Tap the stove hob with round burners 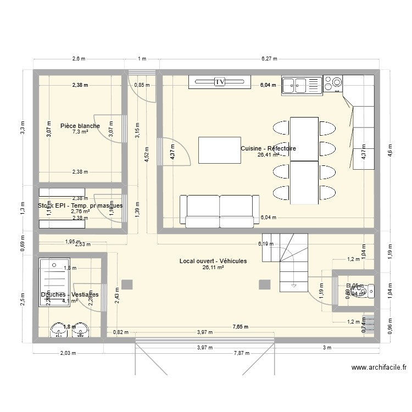332,83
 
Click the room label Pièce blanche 80,126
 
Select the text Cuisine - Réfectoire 268,148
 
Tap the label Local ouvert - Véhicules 213,261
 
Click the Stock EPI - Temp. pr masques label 80,205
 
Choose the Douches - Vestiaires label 69,294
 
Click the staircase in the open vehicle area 294,261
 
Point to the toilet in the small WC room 370,289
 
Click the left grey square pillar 127,284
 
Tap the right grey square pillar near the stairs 265,284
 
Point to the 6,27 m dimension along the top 269,58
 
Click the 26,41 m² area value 269,155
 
